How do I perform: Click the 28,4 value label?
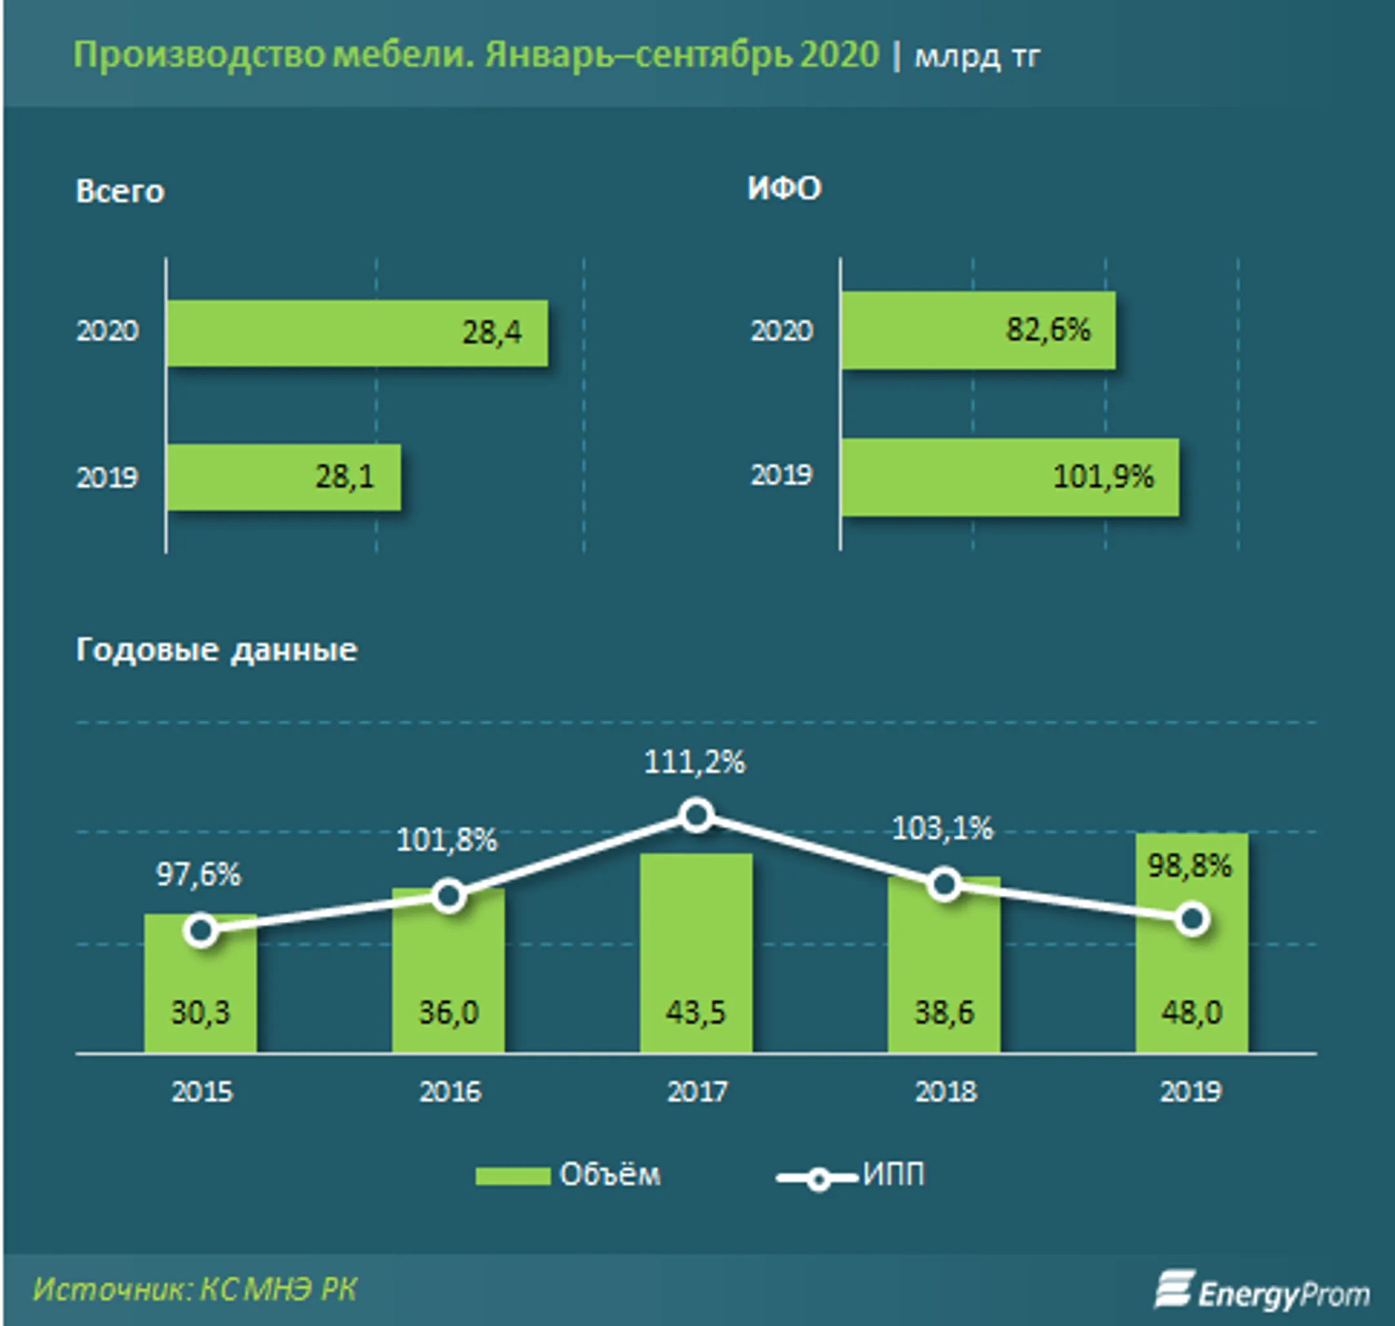(x=492, y=332)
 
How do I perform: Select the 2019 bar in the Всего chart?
(x=283, y=477)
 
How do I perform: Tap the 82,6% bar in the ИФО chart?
(x=977, y=330)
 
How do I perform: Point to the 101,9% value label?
(x=1102, y=477)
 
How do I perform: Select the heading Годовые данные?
(x=216, y=650)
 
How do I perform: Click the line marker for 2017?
(x=697, y=816)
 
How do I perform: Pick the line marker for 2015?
(x=201, y=931)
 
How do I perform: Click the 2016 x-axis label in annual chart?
(x=449, y=1092)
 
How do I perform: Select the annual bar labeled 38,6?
(x=944, y=975)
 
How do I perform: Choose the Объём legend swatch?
(x=512, y=1176)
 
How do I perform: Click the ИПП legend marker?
(x=818, y=1178)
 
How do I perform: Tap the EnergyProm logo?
(x=1262, y=1290)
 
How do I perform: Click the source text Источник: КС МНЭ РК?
(x=195, y=1289)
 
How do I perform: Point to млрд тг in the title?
(x=976, y=57)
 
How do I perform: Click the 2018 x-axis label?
(x=945, y=1092)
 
